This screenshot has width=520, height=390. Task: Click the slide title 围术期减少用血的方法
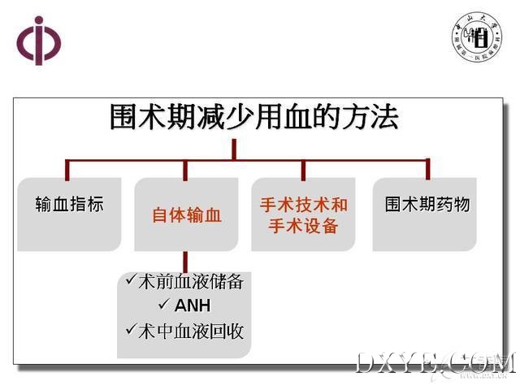[254, 119]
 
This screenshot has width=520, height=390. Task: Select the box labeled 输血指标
[70, 205]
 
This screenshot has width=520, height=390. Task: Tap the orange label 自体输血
[187, 215]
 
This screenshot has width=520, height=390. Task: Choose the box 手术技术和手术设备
[303, 215]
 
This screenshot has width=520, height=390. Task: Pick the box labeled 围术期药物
[427, 205]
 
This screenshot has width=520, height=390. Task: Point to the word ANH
[193, 306]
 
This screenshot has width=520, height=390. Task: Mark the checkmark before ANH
[162, 305]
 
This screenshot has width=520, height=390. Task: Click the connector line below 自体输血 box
[186, 261]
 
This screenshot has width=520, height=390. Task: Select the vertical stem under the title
[233, 148]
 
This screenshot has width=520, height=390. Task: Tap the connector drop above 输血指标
[67, 168]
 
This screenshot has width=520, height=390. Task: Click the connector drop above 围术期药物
[427, 168]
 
